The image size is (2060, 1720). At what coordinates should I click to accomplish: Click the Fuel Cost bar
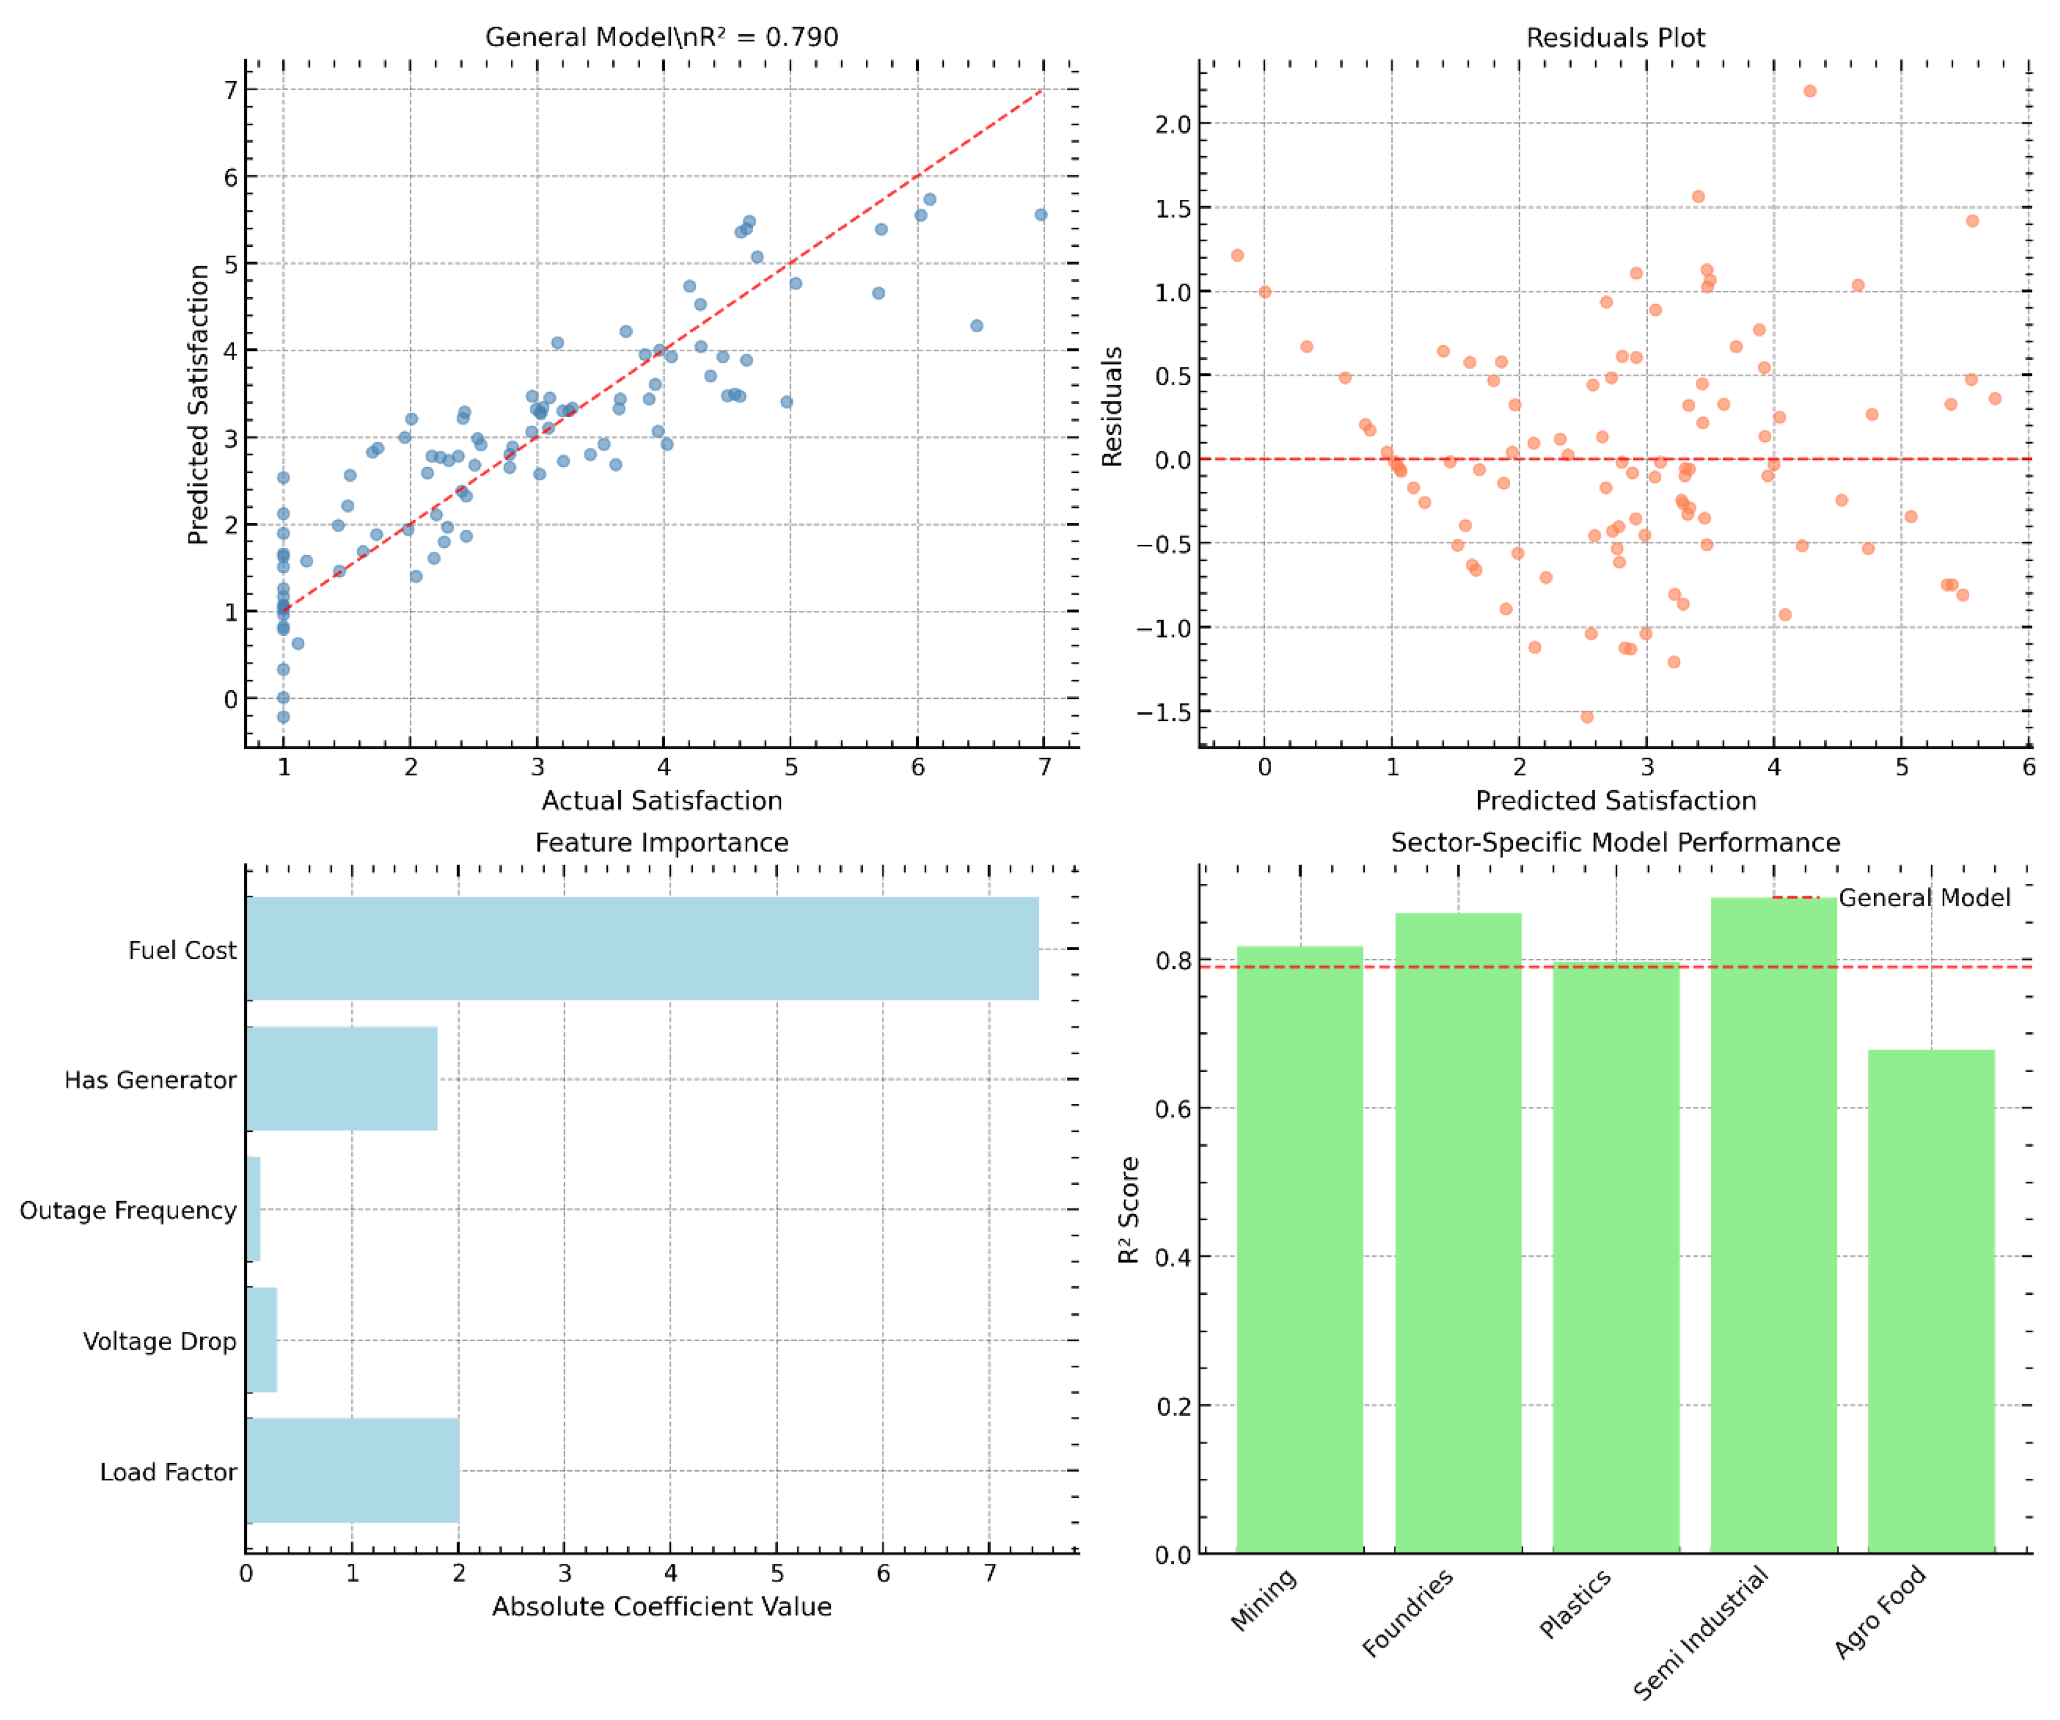(x=642, y=948)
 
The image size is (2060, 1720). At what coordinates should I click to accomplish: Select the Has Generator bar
(x=342, y=1079)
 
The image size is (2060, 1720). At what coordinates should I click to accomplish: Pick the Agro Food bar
(x=1931, y=1300)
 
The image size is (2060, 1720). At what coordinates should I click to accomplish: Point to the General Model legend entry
(x=1923, y=898)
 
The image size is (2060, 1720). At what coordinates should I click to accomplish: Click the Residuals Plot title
(x=1615, y=37)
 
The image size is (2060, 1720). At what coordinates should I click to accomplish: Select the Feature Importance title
(x=661, y=842)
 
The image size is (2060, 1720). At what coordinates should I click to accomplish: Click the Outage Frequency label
(x=128, y=1210)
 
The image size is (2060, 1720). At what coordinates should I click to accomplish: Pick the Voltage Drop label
(x=159, y=1340)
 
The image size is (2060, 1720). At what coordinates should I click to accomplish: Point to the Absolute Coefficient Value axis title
(x=661, y=1606)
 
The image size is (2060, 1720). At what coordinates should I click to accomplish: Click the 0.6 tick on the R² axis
(x=1172, y=1109)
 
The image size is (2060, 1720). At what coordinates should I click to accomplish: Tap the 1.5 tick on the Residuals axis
(x=1172, y=208)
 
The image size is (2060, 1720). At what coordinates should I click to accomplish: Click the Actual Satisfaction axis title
(x=661, y=800)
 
